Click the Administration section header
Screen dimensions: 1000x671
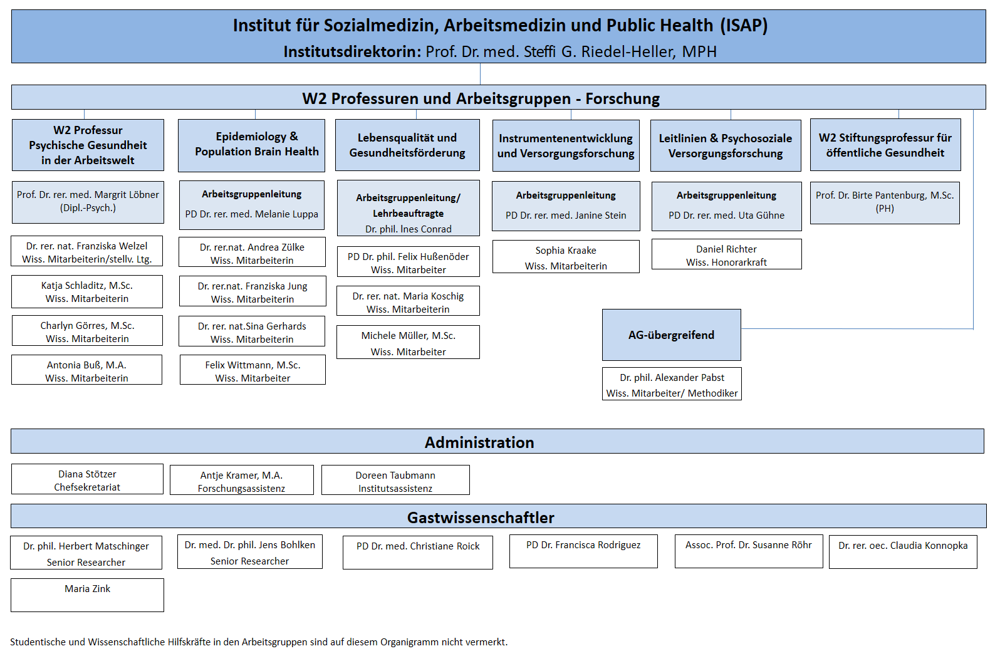point(497,442)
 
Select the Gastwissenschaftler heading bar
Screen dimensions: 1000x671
point(499,516)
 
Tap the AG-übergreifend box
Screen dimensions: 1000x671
point(672,335)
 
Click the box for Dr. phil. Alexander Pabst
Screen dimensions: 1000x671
point(672,384)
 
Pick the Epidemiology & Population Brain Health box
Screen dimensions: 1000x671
point(252,145)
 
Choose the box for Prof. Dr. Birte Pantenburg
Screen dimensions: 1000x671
point(885,203)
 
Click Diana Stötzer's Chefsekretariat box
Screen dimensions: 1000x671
point(88,479)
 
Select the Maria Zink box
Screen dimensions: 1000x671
point(88,595)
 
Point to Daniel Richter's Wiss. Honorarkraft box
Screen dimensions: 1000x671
point(726,254)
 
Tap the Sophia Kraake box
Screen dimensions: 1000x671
point(566,257)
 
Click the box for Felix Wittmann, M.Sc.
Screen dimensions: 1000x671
point(253,370)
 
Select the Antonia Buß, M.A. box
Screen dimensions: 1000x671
point(87,370)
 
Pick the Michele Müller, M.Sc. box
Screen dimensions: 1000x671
point(408,342)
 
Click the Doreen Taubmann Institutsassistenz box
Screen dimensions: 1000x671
point(395,481)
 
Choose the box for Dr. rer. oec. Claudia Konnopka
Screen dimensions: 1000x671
point(903,552)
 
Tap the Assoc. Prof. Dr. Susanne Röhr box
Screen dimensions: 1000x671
point(749,551)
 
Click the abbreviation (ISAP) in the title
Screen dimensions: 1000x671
point(744,26)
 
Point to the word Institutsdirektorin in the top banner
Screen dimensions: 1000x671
point(352,52)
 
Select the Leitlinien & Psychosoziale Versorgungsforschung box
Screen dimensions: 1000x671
point(726,145)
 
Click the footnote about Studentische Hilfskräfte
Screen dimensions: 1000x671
point(259,642)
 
